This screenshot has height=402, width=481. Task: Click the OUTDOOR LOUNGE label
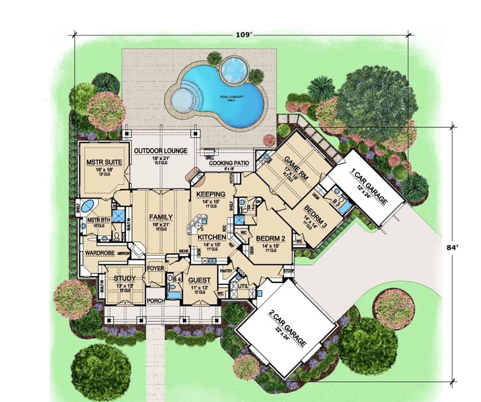(161, 150)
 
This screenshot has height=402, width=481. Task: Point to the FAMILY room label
(161, 217)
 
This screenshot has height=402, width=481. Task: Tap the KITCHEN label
(210, 238)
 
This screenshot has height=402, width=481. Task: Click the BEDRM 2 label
(268, 238)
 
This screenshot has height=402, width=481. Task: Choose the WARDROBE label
(100, 253)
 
